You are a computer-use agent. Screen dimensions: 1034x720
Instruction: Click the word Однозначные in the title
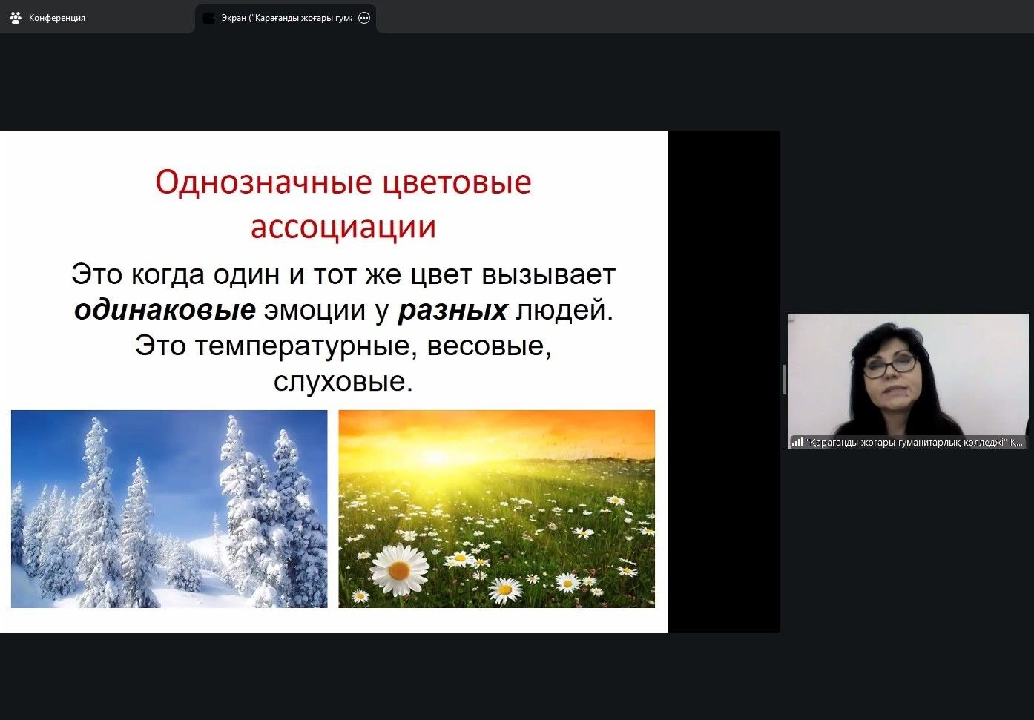coord(263,182)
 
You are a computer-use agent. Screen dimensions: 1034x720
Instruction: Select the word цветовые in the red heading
coord(458,182)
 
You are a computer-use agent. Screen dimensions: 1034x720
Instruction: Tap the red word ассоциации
coord(343,227)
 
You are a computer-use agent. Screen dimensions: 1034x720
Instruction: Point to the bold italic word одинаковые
coord(165,310)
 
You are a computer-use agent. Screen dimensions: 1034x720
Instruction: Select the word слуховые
coord(343,382)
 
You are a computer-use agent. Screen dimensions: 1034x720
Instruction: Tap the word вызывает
coord(549,275)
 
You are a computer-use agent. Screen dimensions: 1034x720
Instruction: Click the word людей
coord(564,311)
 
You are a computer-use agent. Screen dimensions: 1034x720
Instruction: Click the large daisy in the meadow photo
coord(399,569)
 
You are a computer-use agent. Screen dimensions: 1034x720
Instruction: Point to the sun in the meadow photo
coord(435,458)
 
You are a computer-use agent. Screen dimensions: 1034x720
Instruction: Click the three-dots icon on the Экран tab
coord(364,18)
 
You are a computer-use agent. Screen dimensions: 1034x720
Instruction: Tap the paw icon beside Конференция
coord(16,18)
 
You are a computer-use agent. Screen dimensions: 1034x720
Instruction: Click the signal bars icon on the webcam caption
coord(797,442)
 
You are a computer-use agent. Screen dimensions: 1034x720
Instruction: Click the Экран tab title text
coord(286,18)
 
